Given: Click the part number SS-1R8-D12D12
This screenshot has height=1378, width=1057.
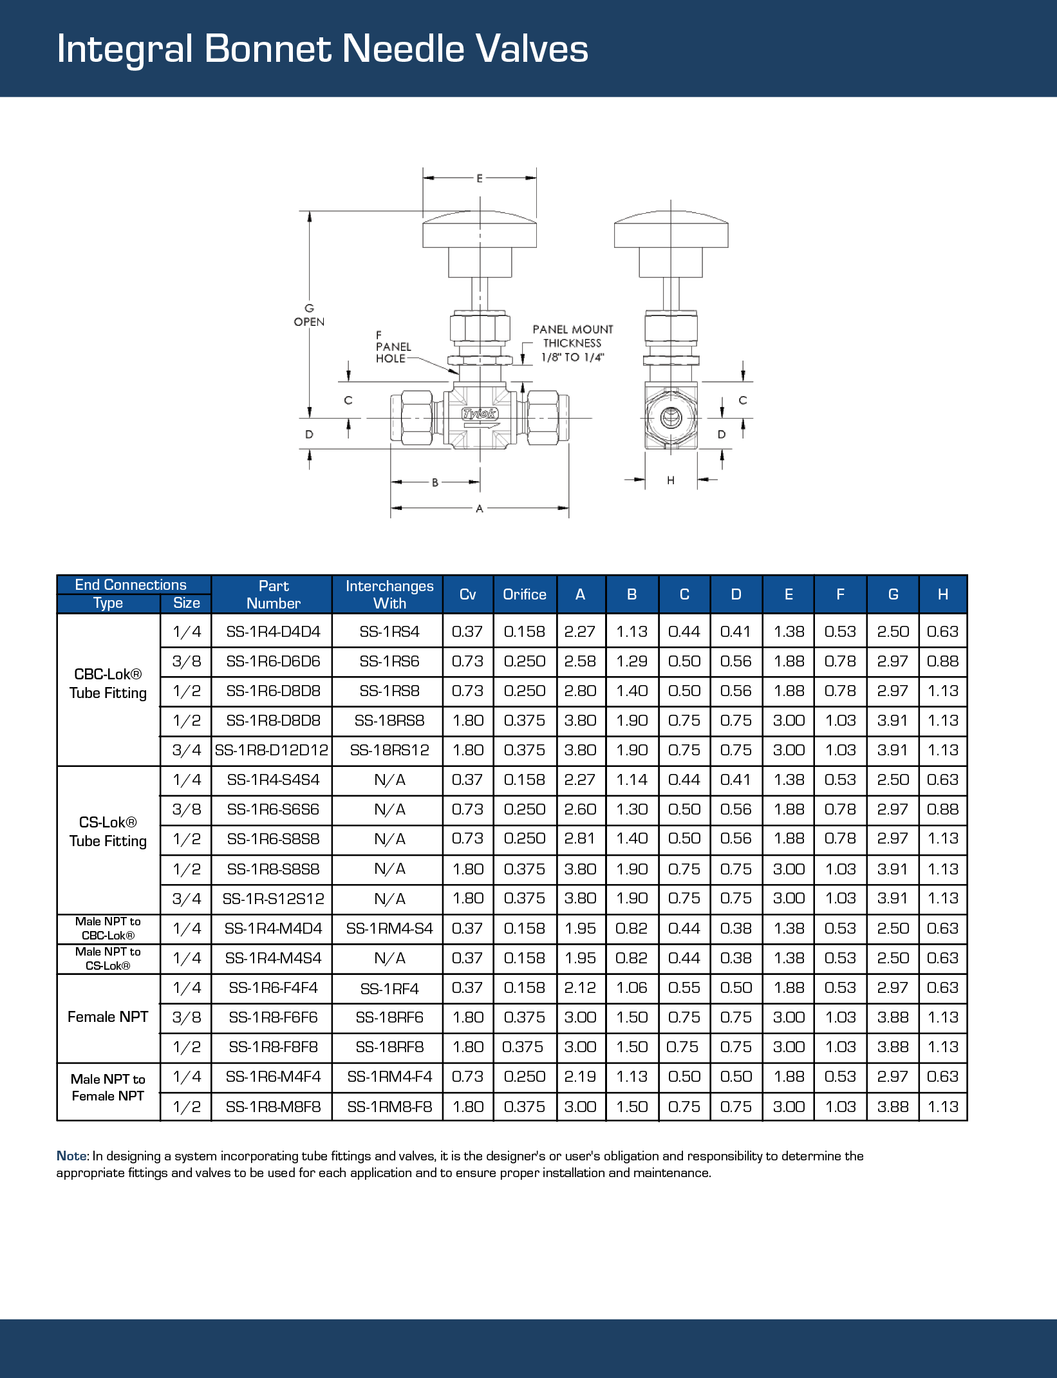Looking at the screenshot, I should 272,750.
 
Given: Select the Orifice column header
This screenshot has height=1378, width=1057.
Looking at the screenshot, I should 525,594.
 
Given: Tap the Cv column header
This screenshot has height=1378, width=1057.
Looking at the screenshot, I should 468,594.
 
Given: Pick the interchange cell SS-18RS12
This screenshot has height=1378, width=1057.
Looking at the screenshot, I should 389,750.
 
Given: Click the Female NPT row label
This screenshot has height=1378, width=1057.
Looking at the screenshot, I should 108,1017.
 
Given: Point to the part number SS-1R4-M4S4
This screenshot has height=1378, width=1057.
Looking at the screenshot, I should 273,958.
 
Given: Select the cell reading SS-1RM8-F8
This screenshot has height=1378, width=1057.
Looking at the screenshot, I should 389,1107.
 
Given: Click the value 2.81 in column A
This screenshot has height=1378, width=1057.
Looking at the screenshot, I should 580,838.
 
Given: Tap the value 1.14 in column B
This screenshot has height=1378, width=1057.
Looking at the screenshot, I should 631,780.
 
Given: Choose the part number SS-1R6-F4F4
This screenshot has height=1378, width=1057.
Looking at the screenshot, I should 273,988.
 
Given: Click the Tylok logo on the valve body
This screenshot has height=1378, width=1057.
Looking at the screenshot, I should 480,414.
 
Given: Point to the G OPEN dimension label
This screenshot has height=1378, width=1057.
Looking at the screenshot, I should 309,316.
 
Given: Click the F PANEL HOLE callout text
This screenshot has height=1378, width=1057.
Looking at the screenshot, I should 393,347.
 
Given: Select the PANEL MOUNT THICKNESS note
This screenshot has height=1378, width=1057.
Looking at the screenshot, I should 572,343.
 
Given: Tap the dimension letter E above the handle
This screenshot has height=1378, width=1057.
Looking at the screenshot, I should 480,178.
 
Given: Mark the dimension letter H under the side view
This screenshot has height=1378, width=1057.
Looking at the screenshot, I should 671,480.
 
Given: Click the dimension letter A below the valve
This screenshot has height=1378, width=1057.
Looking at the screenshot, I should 480,509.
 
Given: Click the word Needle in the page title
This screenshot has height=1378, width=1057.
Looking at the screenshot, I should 403,49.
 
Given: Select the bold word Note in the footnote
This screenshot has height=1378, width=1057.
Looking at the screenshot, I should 71,1156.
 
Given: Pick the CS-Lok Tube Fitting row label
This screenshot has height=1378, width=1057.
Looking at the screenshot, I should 108,831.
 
